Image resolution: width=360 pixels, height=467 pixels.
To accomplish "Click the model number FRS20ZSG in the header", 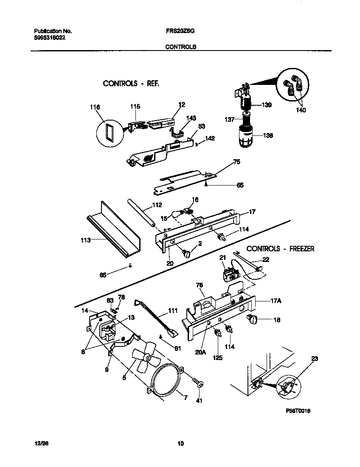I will click(180, 31).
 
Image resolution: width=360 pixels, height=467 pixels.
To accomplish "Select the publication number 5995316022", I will click(49, 37).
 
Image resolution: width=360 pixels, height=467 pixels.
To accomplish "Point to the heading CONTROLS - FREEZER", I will click(280, 249).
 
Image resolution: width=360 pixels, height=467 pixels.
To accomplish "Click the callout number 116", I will click(95, 108).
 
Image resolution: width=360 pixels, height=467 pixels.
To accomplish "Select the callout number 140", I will click(301, 110).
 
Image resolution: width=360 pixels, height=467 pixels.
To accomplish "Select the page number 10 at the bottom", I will click(180, 444).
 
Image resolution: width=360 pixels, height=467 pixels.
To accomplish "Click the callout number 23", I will click(314, 359).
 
